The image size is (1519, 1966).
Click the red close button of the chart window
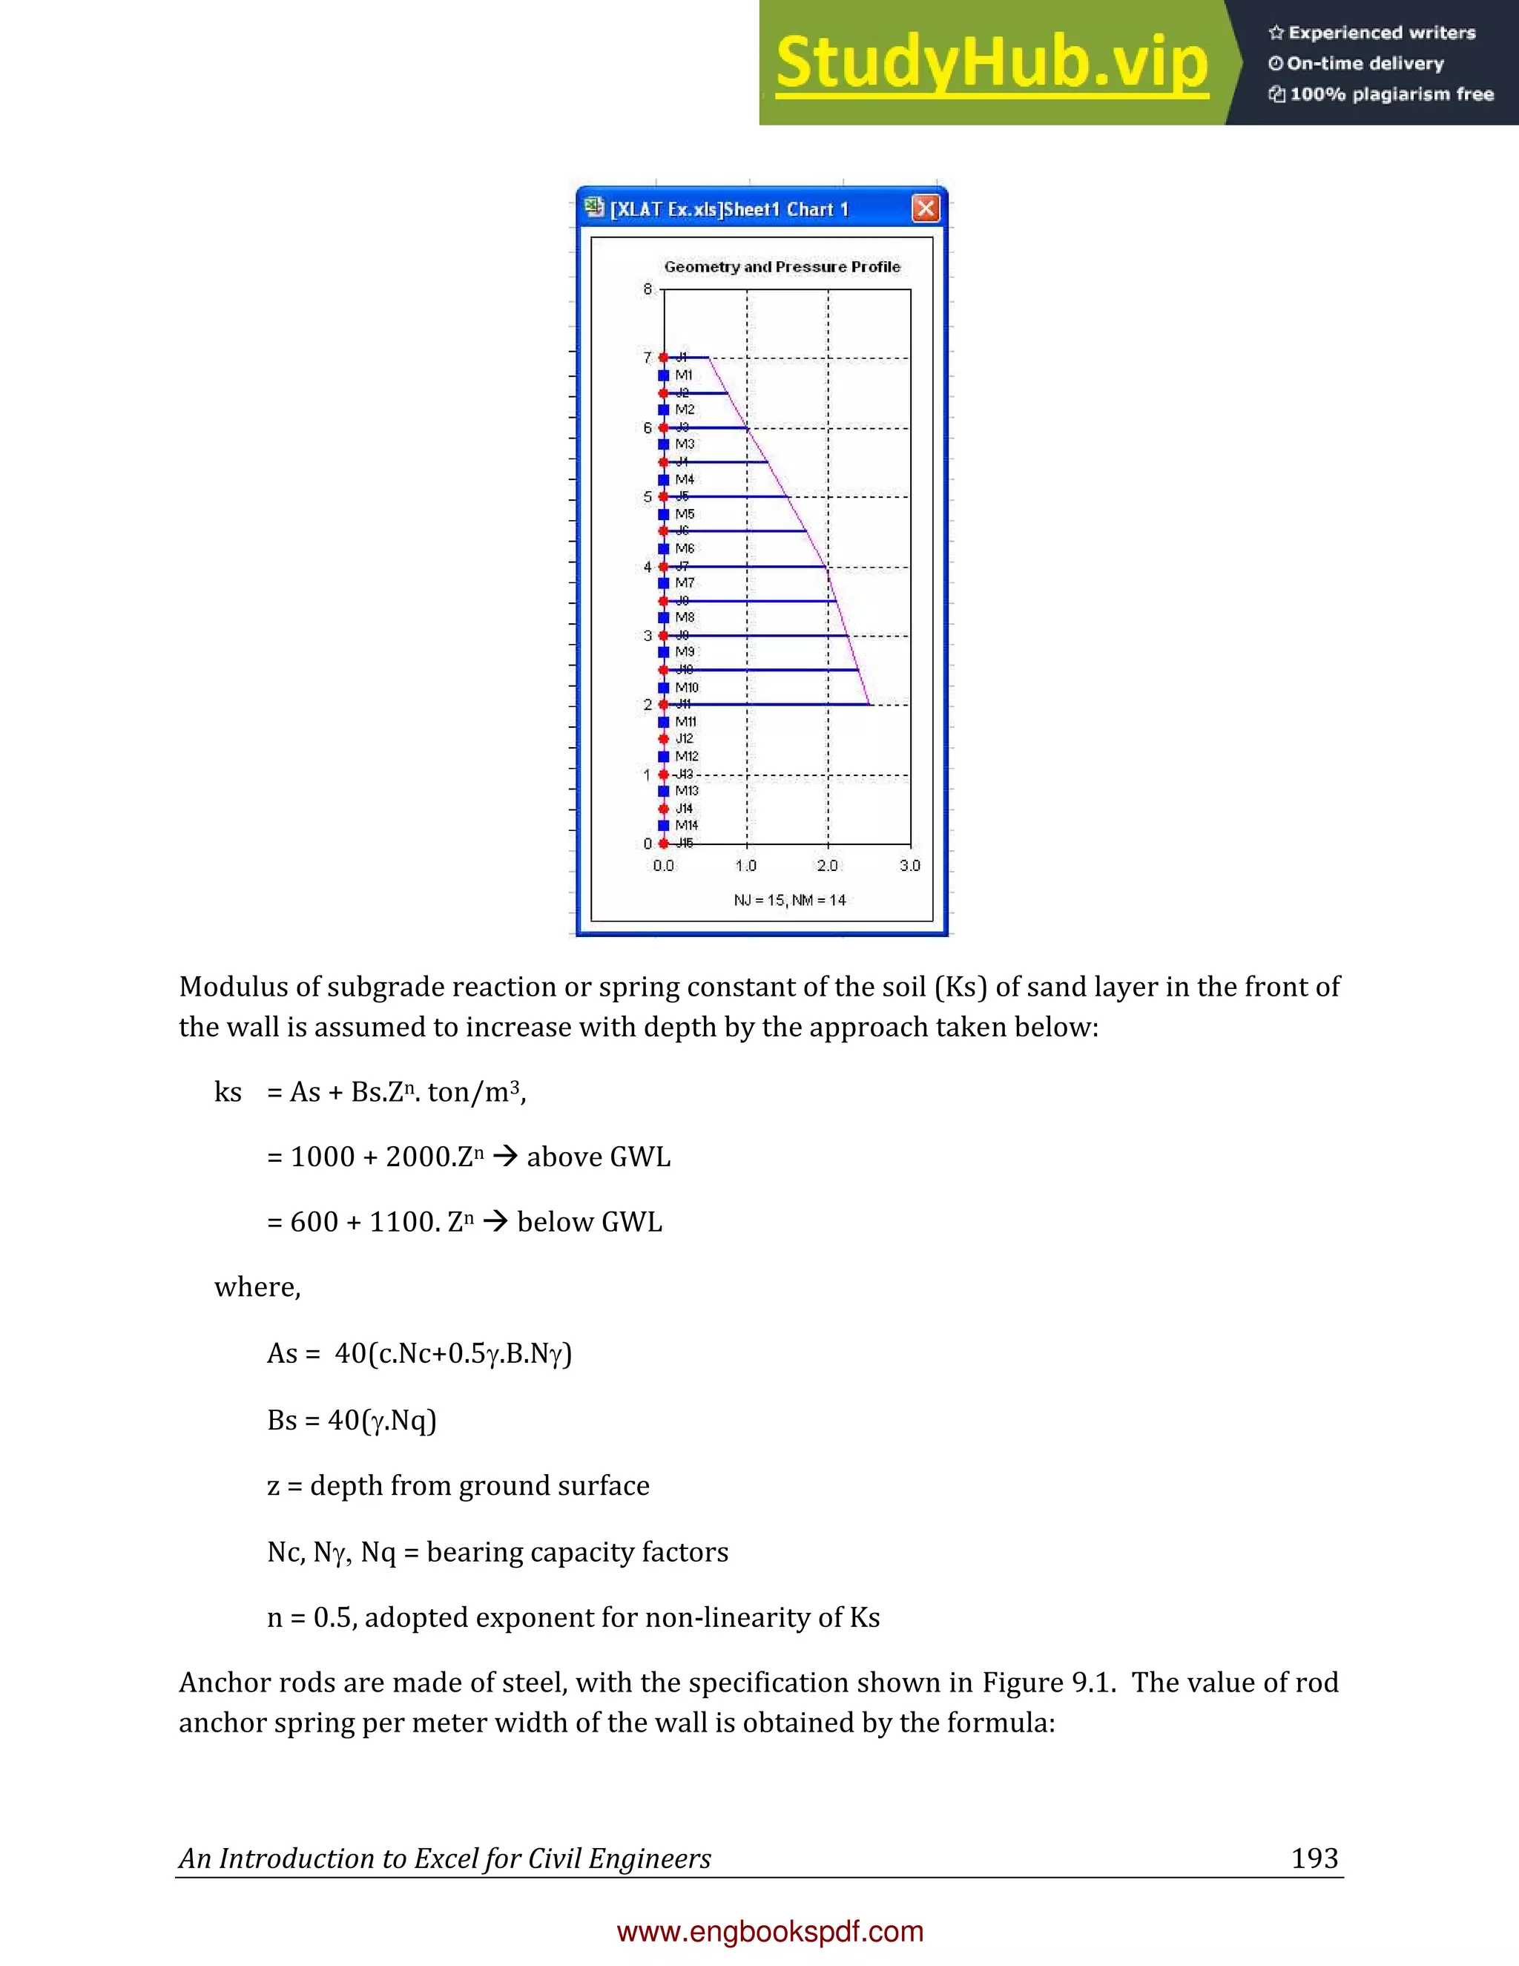tap(925, 209)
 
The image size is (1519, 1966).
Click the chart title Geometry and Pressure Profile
tap(782, 266)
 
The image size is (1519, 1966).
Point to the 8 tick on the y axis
tap(647, 289)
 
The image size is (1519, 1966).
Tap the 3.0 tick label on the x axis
tap(910, 865)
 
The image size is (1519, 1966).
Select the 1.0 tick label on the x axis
tap(746, 865)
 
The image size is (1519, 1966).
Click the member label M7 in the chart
tap(685, 582)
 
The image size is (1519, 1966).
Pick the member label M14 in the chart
tap(687, 824)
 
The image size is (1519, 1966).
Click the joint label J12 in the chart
tap(685, 738)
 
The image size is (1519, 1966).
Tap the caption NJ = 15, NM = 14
tap(789, 900)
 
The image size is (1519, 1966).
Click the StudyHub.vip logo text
tap(991, 63)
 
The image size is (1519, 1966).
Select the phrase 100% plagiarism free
tap(1391, 94)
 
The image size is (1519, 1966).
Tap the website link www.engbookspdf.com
tap(771, 1931)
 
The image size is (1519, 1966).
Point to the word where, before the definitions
tap(257, 1287)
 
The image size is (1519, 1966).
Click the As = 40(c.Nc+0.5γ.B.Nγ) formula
tap(419, 1353)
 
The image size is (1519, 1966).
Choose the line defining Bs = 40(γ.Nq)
tap(352, 1419)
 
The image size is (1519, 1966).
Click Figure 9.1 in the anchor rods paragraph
tap(1048, 1683)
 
